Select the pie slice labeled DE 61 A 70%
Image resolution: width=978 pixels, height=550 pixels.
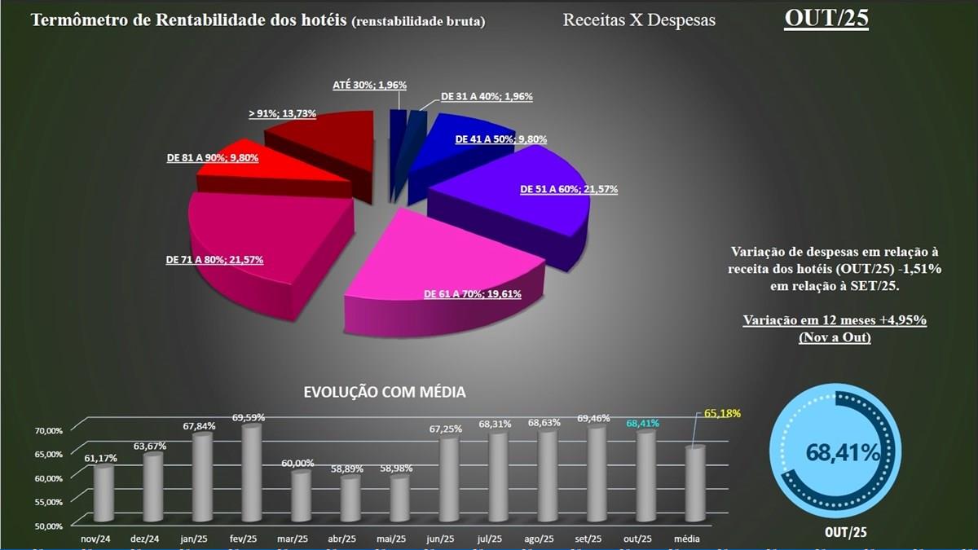click(x=440, y=261)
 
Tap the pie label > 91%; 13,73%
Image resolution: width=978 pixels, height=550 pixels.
click(x=282, y=113)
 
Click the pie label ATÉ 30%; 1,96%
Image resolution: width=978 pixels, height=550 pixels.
click(x=369, y=85)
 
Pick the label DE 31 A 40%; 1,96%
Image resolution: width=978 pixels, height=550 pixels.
click(x=487, y=96)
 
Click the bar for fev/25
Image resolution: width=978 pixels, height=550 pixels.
click(x=252, y=473)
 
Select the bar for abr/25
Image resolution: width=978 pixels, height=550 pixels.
click(x=350, y=499)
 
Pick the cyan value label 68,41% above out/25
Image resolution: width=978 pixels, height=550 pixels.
click(x=643, y=424)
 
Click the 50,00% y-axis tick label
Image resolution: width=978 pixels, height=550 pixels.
click(x=48, y=526)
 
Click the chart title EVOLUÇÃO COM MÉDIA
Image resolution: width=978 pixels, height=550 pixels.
click(x=385, y=392)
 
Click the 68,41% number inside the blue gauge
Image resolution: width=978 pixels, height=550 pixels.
click(x=843, y=453)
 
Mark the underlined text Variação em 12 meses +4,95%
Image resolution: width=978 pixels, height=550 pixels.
click(x=835, y=320)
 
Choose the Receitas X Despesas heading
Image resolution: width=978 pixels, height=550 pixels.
click(x=639, y=20)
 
